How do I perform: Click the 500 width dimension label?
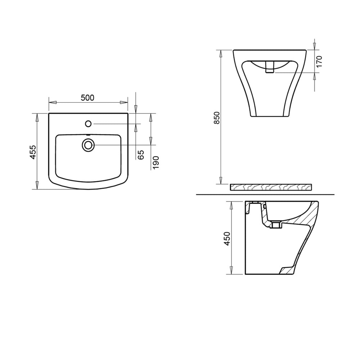(x=87, y=98)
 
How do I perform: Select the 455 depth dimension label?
(x=33, y=152)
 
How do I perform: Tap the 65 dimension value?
(x=141, y=155)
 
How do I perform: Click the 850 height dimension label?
(x=217, y=118)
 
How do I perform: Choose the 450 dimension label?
(x=227, y=238)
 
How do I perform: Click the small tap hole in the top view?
(x=88, y=124)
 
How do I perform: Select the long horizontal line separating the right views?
(x=265, y=194)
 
